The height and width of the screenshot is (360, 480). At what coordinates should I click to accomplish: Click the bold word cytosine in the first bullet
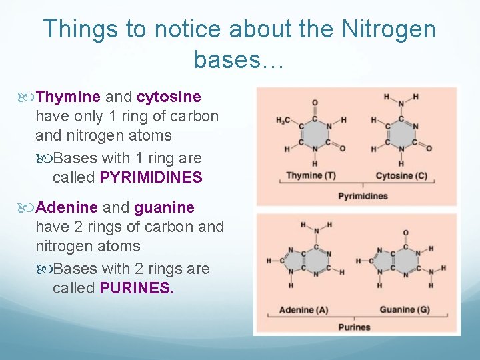click(169, 97)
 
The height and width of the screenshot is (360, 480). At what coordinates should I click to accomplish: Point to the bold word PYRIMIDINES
click(151, 177)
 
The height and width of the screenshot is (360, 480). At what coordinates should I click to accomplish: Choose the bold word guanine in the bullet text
click(164, 208)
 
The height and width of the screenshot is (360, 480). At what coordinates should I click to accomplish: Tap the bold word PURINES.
click(137, 288)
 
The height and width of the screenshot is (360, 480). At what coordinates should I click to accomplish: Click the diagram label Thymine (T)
click(310, 176)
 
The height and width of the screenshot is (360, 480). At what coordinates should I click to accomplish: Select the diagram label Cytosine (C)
click(401, 176)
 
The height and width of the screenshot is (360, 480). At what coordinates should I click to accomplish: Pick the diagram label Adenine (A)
click(303, 310)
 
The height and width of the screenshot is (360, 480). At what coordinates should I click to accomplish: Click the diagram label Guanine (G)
click(405, 310)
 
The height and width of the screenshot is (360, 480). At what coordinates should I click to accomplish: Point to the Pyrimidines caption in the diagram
click(363, 196)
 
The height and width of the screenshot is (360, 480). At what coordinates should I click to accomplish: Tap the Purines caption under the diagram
click(354, 327)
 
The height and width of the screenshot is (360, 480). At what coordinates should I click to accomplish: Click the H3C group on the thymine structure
click(283, 120)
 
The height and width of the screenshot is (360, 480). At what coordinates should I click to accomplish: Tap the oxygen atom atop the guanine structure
click(406, 233)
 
